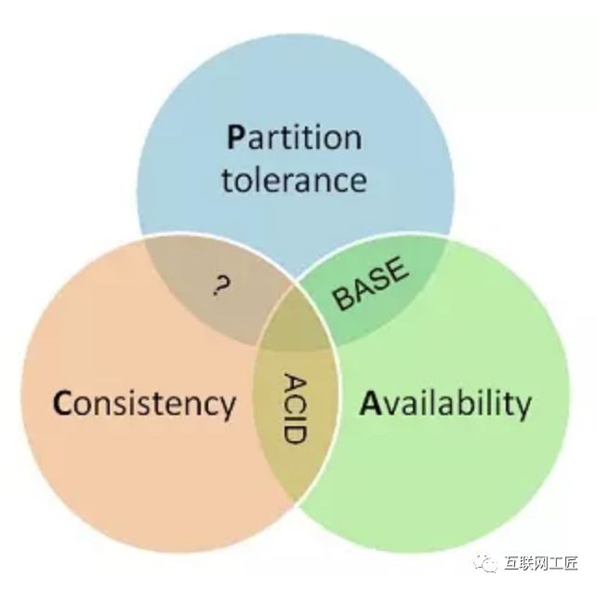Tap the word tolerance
(x=294, y=178)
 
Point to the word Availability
(x=445, y=404)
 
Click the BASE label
(x=371, y=285)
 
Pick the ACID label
(x=295, y=408)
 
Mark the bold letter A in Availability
(x=369, y=403)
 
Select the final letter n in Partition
(x=352, y=139)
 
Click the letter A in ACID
(x=295, y=382)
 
